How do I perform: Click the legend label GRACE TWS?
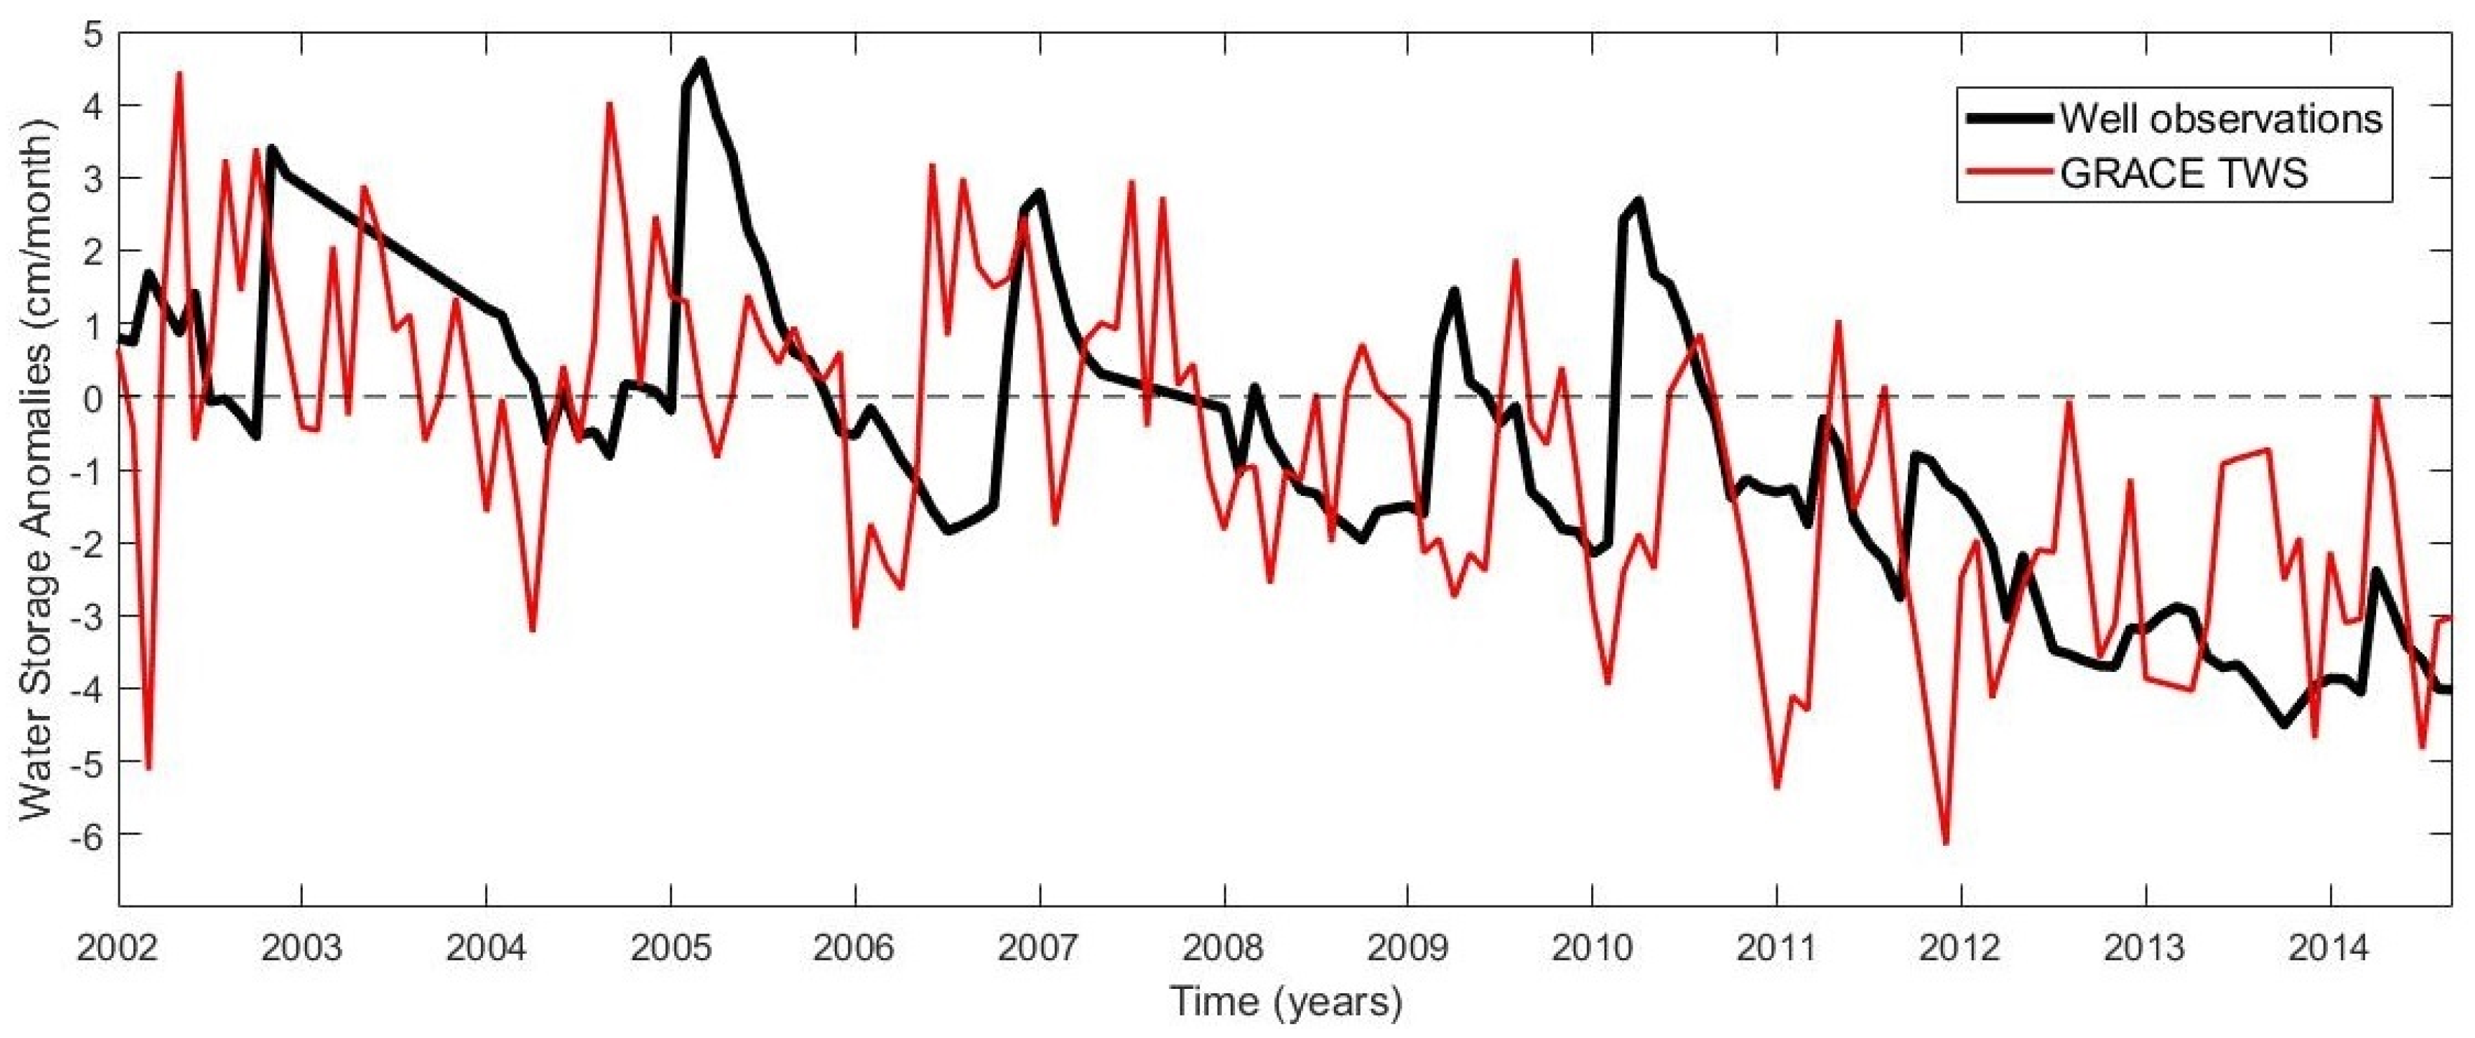click(2183, 174)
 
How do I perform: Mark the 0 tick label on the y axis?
click(94, 397)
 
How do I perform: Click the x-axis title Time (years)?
click(1286, 1002)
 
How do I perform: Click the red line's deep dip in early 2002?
click(148, 768)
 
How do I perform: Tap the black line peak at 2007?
click(1039, 192)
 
